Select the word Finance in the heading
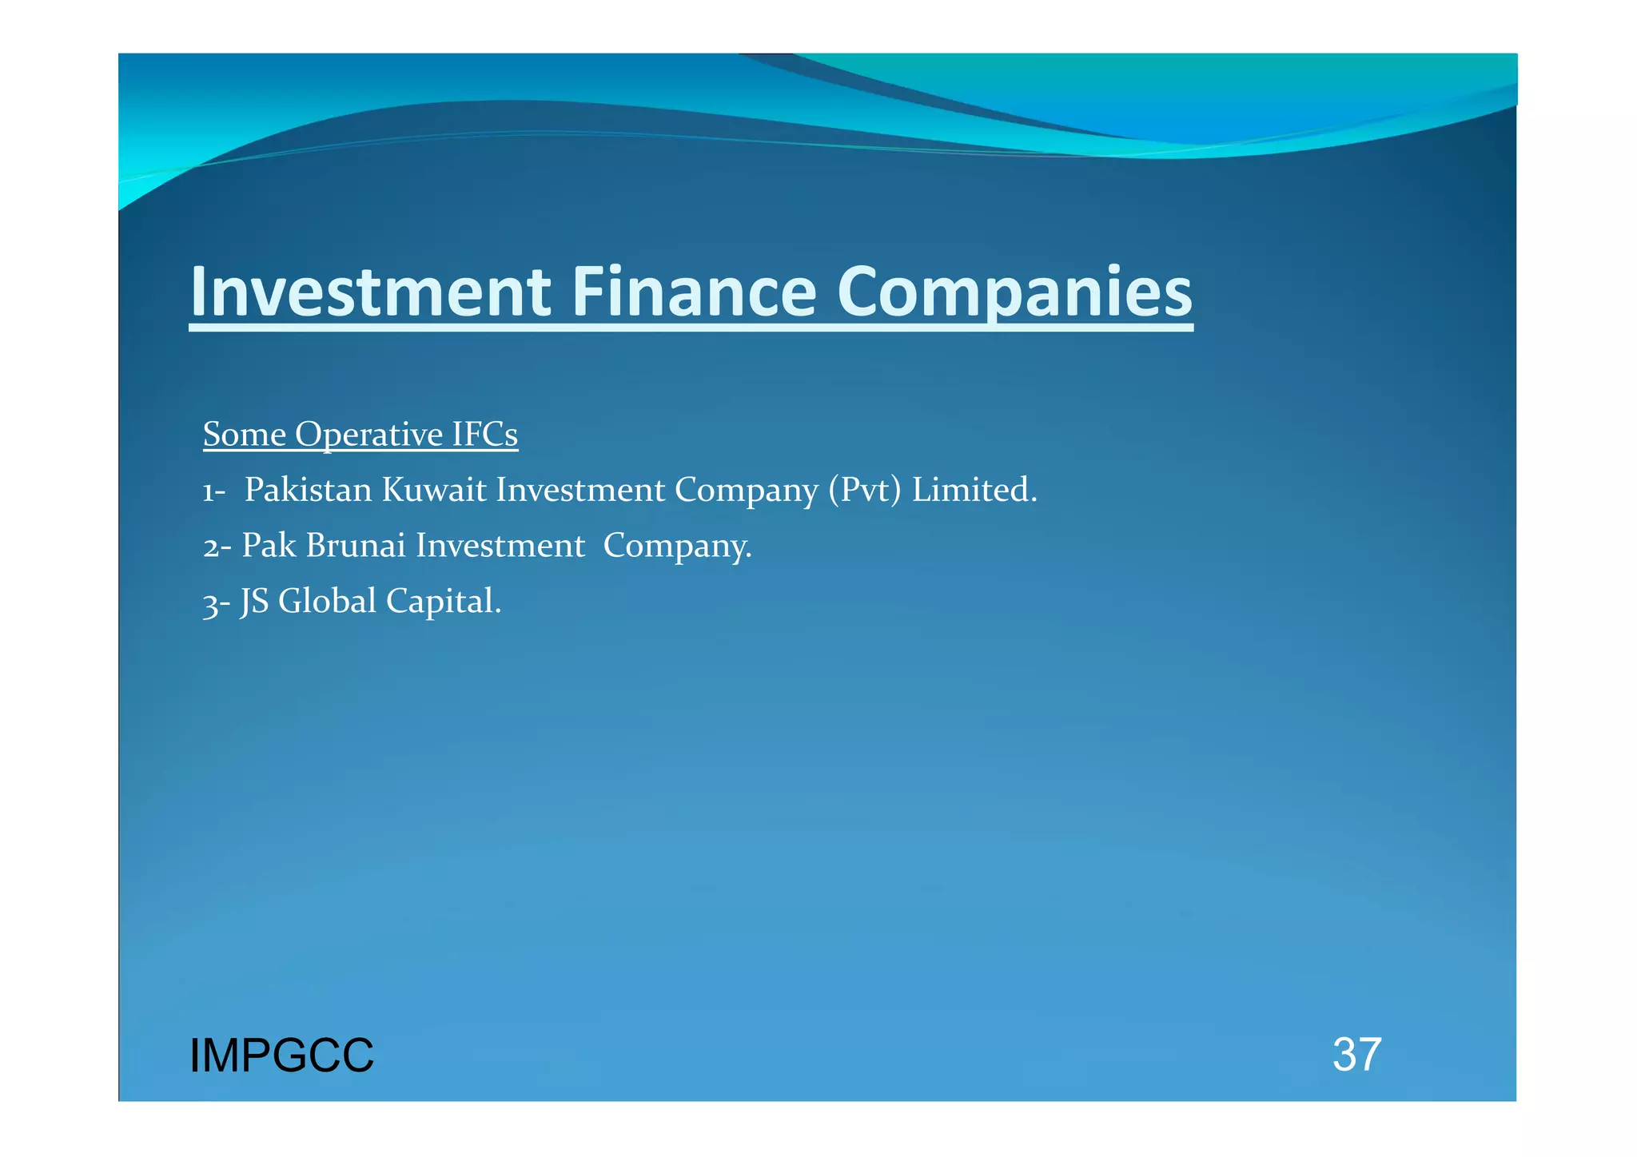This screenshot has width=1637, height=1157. (694, 292)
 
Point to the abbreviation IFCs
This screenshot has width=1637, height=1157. (485, 435)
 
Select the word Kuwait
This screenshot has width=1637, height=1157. (434, 490)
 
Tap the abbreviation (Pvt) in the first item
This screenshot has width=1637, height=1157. (865, 491)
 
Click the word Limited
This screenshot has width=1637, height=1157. (974, 490)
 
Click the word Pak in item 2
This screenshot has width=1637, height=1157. (269, 546)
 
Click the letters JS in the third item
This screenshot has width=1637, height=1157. (254, 602)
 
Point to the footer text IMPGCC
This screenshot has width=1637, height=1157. (281, 1056)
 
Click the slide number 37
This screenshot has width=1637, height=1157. (1356, 1055)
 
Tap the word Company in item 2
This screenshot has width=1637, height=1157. (677, 547)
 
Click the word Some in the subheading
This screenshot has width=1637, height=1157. (245, 435)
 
